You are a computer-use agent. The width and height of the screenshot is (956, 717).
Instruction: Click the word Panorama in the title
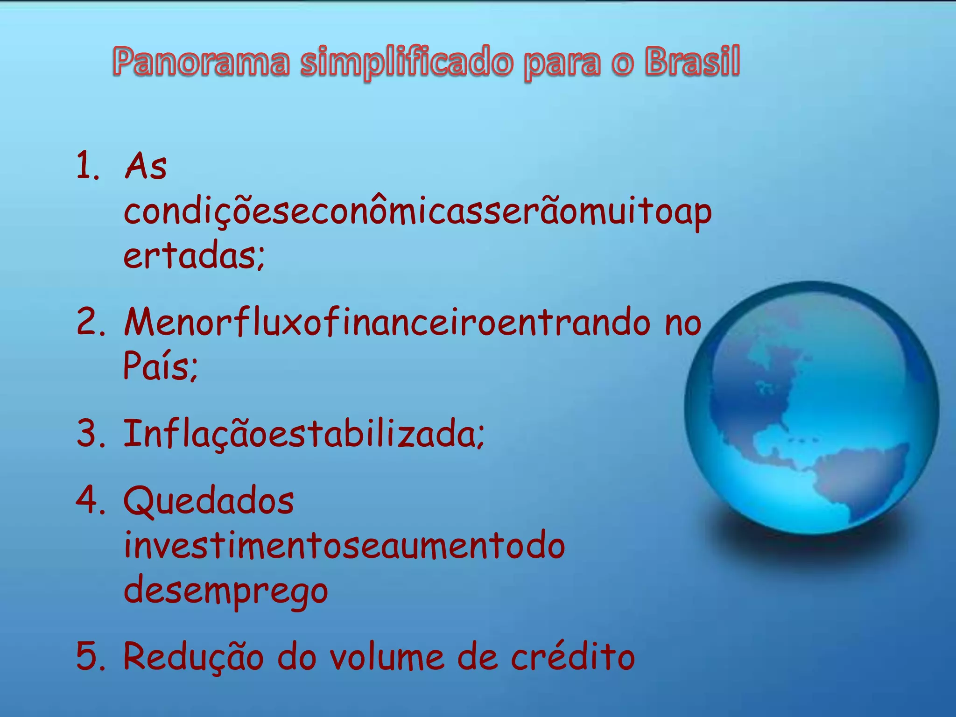pos(201,62)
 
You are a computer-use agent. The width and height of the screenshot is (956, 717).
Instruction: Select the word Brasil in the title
pos(692,62)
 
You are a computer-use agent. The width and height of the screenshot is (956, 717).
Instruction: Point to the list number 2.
pos(91,322)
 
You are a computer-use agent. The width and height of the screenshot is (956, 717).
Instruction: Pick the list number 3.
pos(91,433)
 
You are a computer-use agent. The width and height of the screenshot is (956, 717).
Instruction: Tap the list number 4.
pos(91,499)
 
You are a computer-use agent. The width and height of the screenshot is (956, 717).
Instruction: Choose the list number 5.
pos(91,656)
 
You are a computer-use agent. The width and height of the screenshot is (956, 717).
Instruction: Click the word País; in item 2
pos(161,366)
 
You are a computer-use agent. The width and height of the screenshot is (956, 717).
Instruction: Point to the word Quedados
pos(209,501)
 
